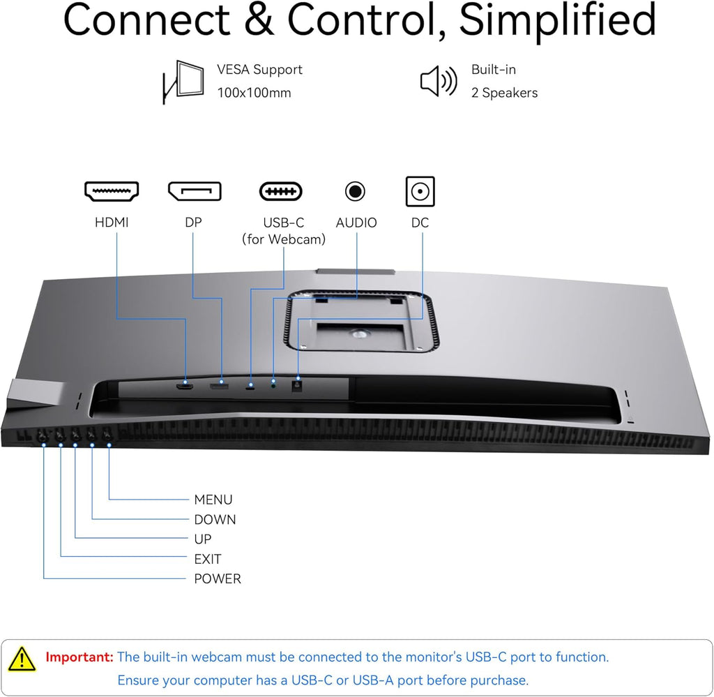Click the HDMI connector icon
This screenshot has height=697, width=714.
[x=112, y=191]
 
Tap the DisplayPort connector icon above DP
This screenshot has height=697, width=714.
[x=195, y=191]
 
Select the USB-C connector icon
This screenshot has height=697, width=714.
[x=280, y=191]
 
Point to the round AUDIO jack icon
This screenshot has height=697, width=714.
[x=355, y=191]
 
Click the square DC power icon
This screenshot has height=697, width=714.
[x=420, y=191]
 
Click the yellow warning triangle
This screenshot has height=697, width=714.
[x=22, y=659]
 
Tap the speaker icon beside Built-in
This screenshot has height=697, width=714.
[x=438, y=81]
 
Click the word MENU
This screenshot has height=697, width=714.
[x=213, y=500]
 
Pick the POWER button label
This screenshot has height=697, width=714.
[x=218, y=578]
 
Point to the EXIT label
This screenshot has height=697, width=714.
[x=208, y=559]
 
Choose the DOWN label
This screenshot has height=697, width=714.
[x=215, y=519]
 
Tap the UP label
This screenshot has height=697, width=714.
[x=203, y=539]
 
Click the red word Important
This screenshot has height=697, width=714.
[x=79, y=657]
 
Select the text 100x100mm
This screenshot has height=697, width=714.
[x=254, y=93]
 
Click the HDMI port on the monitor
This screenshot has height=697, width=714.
[x=184, y=387]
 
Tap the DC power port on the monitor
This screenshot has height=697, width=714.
[x=297, y=387]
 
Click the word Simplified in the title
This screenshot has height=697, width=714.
[x=557, y=20]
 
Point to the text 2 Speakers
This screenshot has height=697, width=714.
[x=505, y=93]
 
